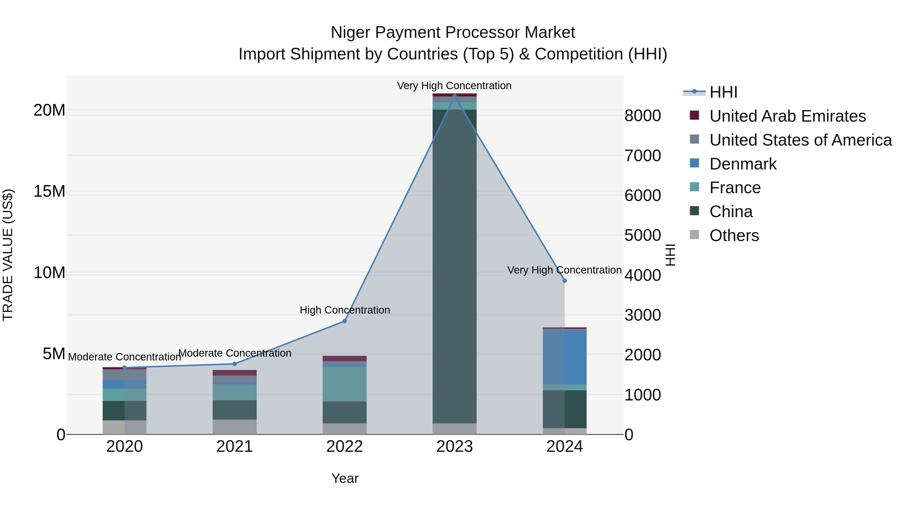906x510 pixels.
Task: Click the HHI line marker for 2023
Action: [455, 96]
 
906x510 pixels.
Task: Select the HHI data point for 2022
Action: [344, 321]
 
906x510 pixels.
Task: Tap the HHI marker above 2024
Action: [564, 281]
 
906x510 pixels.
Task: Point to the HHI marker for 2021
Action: [235, 364]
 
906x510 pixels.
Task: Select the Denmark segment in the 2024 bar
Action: [564, 357]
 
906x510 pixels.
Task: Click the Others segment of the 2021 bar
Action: [235, 427]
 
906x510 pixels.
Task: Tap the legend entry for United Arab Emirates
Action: [787, 116]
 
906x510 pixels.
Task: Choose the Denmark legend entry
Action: [743, 164]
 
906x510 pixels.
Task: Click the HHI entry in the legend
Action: [723, 92]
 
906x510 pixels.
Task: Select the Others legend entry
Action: [734, 235]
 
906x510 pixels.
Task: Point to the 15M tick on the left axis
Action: [49, 191]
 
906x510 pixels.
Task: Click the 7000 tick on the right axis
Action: [642, 156]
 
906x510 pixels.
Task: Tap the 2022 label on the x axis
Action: [344, 447]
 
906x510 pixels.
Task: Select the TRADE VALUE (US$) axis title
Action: [8, 255]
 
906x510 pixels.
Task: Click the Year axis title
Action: [345, 478]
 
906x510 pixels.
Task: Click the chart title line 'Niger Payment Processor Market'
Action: [453, 32]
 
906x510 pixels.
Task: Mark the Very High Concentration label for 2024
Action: [564, 270]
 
